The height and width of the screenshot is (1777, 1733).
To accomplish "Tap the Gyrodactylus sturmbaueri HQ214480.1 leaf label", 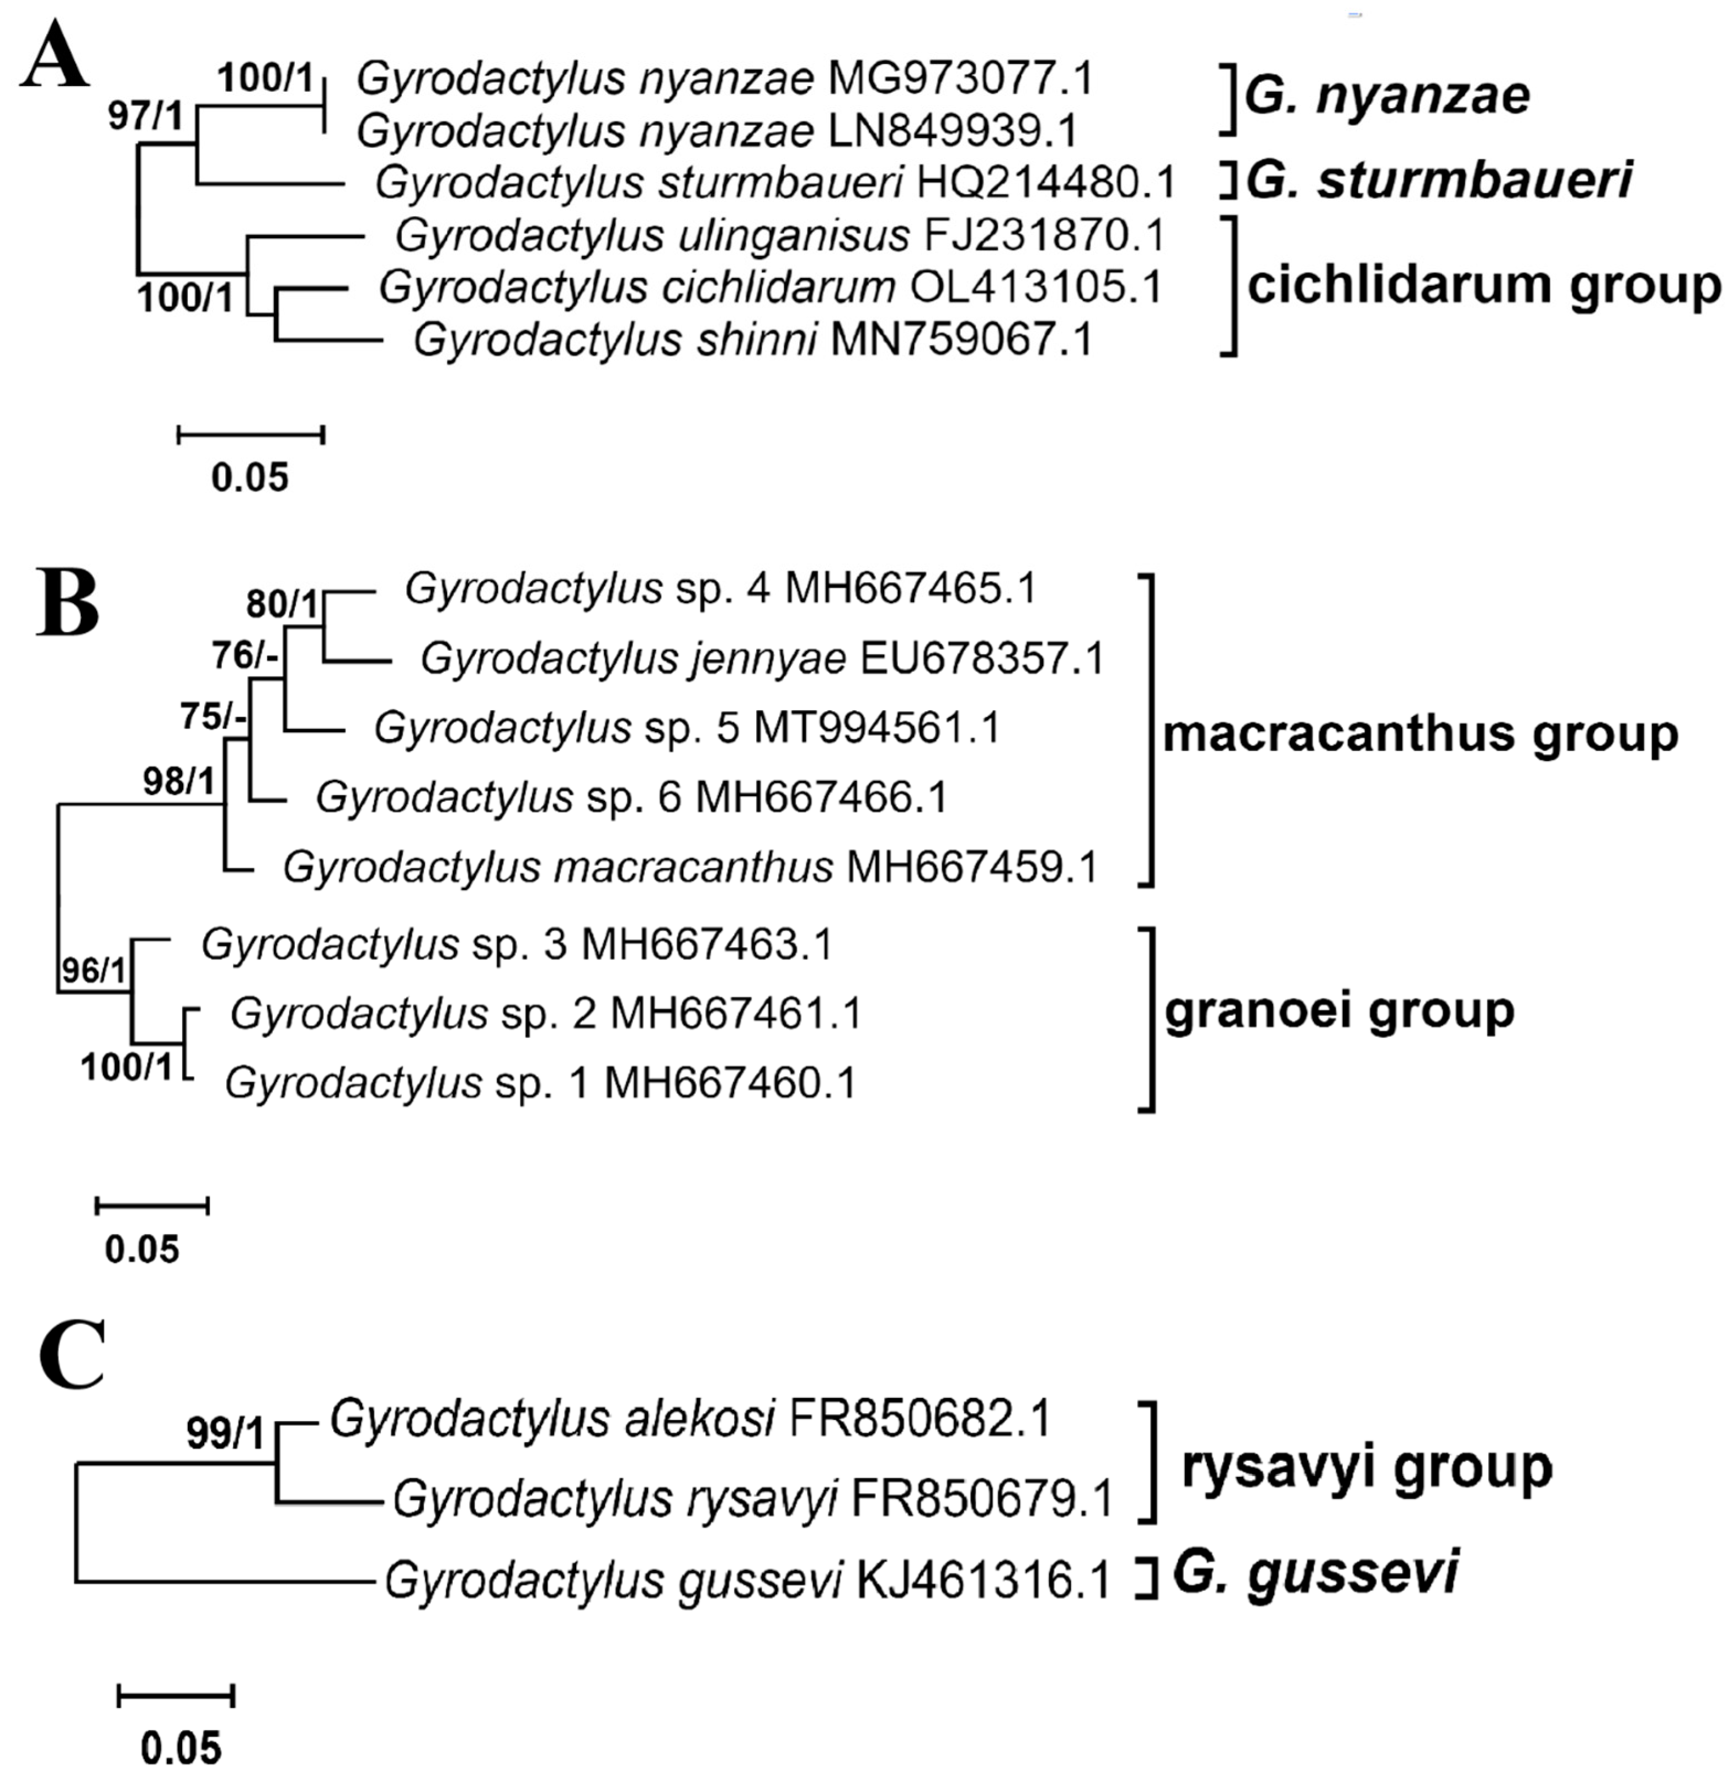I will pyautogui.click(x=774, y=183).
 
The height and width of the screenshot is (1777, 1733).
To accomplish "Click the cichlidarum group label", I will pyautogui.click(x=1484, y=286).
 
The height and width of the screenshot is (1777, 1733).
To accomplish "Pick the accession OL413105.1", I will pyautogui.click(x=1036, y=288).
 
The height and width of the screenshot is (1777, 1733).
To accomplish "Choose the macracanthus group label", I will pyautogui.click(x=1420, y=733).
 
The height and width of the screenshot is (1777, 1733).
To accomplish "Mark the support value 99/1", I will pyautogui.click(x=225, y=1434).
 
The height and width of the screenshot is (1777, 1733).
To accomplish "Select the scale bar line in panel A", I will pyautogui.click(x=251, y=435).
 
